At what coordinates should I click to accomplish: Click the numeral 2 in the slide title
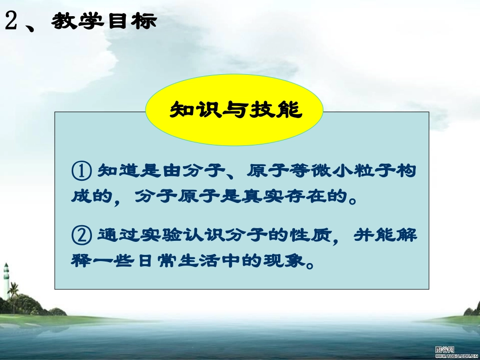(x=12, y=21)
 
